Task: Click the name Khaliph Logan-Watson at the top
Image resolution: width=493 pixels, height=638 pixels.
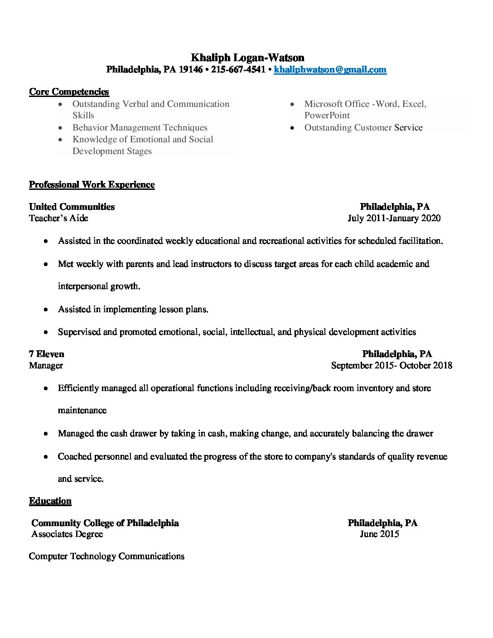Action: pos(247,58)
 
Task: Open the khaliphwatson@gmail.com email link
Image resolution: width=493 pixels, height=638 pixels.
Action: pos(330,69)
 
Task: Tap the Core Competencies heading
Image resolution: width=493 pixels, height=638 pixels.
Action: pos(69,92)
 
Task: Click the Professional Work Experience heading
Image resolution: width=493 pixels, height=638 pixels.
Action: pos(92,184)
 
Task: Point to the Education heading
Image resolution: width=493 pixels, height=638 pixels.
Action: pos(50,501)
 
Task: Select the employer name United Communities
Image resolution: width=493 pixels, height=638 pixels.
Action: pos(72,207)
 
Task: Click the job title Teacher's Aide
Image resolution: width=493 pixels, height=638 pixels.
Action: pos(58,218)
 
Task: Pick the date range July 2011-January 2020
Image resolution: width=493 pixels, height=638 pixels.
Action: pos(394,218)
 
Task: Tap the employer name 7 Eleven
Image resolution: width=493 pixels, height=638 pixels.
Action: pos(47,354)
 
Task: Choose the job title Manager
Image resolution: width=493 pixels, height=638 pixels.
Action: pos(46,365)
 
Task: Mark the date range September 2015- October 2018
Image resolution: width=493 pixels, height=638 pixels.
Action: pos(391,365)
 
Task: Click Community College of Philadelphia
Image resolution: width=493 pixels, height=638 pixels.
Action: pos(105,523)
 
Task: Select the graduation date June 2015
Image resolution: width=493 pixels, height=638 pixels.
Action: pos(379,534)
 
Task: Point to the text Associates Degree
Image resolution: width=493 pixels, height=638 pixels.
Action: pos(67,534)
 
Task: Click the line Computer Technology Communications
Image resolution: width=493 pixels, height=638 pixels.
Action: pos(106,556)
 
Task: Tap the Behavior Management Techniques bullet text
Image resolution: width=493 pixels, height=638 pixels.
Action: pos(140,127)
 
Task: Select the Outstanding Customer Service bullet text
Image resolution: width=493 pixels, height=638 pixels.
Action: pos(363,127)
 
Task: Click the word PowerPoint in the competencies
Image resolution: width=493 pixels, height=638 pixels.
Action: pos(327,115)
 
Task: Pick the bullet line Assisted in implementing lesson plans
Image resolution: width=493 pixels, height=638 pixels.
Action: pos(133,309)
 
